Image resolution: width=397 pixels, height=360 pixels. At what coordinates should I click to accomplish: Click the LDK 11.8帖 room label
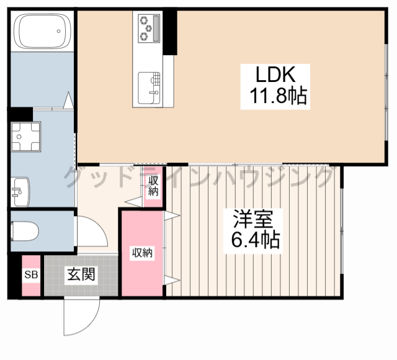275,87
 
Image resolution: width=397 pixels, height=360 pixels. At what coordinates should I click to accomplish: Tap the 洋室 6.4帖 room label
253,231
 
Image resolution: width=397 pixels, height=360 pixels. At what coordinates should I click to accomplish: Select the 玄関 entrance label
81,274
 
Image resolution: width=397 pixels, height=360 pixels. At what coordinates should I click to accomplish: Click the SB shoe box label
31,274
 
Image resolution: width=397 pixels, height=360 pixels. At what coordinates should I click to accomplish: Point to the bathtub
42,31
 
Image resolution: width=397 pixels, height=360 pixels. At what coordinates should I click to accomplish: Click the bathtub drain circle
58,31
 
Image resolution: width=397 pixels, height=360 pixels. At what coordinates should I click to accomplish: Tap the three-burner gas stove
149,28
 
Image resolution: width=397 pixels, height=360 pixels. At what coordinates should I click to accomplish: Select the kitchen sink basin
149,88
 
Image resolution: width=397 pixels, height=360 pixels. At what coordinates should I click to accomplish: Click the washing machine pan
25,137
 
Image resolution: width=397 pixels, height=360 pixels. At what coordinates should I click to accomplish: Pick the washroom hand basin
20,192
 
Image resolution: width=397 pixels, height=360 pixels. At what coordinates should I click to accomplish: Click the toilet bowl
25,231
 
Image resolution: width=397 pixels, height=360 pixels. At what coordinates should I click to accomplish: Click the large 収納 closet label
142,253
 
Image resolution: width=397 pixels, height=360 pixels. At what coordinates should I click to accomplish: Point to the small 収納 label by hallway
153,186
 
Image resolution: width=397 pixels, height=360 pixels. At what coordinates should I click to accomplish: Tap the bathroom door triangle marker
68,101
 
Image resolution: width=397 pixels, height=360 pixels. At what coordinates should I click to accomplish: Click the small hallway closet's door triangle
134,202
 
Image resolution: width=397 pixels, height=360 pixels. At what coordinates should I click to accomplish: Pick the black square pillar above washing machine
21,114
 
